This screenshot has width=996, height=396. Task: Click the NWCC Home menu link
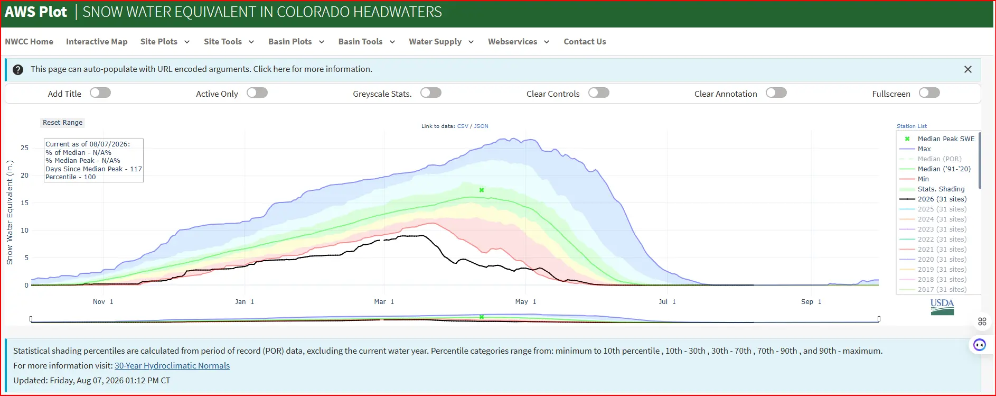(29, 42)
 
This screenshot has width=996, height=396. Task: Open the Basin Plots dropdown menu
(296, 42)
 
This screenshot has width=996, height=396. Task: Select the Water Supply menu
(441, 42)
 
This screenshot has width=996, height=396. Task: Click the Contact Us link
(585, 42)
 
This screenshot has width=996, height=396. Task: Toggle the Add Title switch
(100, 93)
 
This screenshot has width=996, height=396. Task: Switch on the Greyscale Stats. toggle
(431, 93)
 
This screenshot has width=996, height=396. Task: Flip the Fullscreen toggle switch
(929, 93)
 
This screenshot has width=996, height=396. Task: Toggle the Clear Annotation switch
(776, 93)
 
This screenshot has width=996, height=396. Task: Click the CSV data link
(463, 126)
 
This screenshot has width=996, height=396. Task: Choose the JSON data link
(481, 126)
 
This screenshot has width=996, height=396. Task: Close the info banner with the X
(967, 69)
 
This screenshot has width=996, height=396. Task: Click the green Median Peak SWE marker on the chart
(482, 190)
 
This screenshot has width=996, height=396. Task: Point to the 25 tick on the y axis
(24, 148)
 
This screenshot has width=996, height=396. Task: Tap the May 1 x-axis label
(526, 302)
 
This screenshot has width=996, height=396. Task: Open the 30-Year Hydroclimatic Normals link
(172, 366)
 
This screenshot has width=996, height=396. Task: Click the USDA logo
(942, 307)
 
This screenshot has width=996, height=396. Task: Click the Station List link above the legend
(912, 126)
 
